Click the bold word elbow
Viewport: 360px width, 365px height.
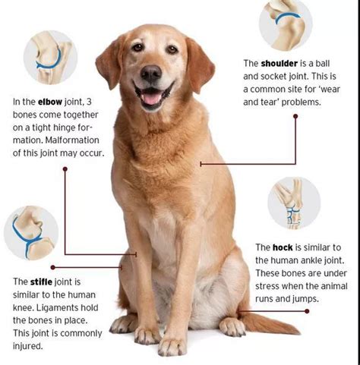tap(50, 102)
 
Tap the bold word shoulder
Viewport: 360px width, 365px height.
tap(279, 63)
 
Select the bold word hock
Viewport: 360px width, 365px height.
tap(283, 247)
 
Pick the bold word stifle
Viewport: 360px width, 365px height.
tap(41, 282)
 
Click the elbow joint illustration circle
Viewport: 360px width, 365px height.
tap(50, 58)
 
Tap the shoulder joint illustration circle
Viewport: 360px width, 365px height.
tap(286, 24)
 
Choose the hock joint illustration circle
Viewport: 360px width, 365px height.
tap(294, 203)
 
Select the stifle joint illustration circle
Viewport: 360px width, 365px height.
tap(31, 233)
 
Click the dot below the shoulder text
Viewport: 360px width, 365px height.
tap(295, 116)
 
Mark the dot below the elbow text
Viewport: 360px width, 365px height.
tap(65, 168)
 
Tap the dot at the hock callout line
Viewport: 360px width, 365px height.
tap(307, 311)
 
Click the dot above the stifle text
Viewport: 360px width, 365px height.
tap(52, 267)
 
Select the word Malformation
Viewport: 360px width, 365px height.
tap(72, 140)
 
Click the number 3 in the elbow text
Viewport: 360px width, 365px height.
tap(89, 102)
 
